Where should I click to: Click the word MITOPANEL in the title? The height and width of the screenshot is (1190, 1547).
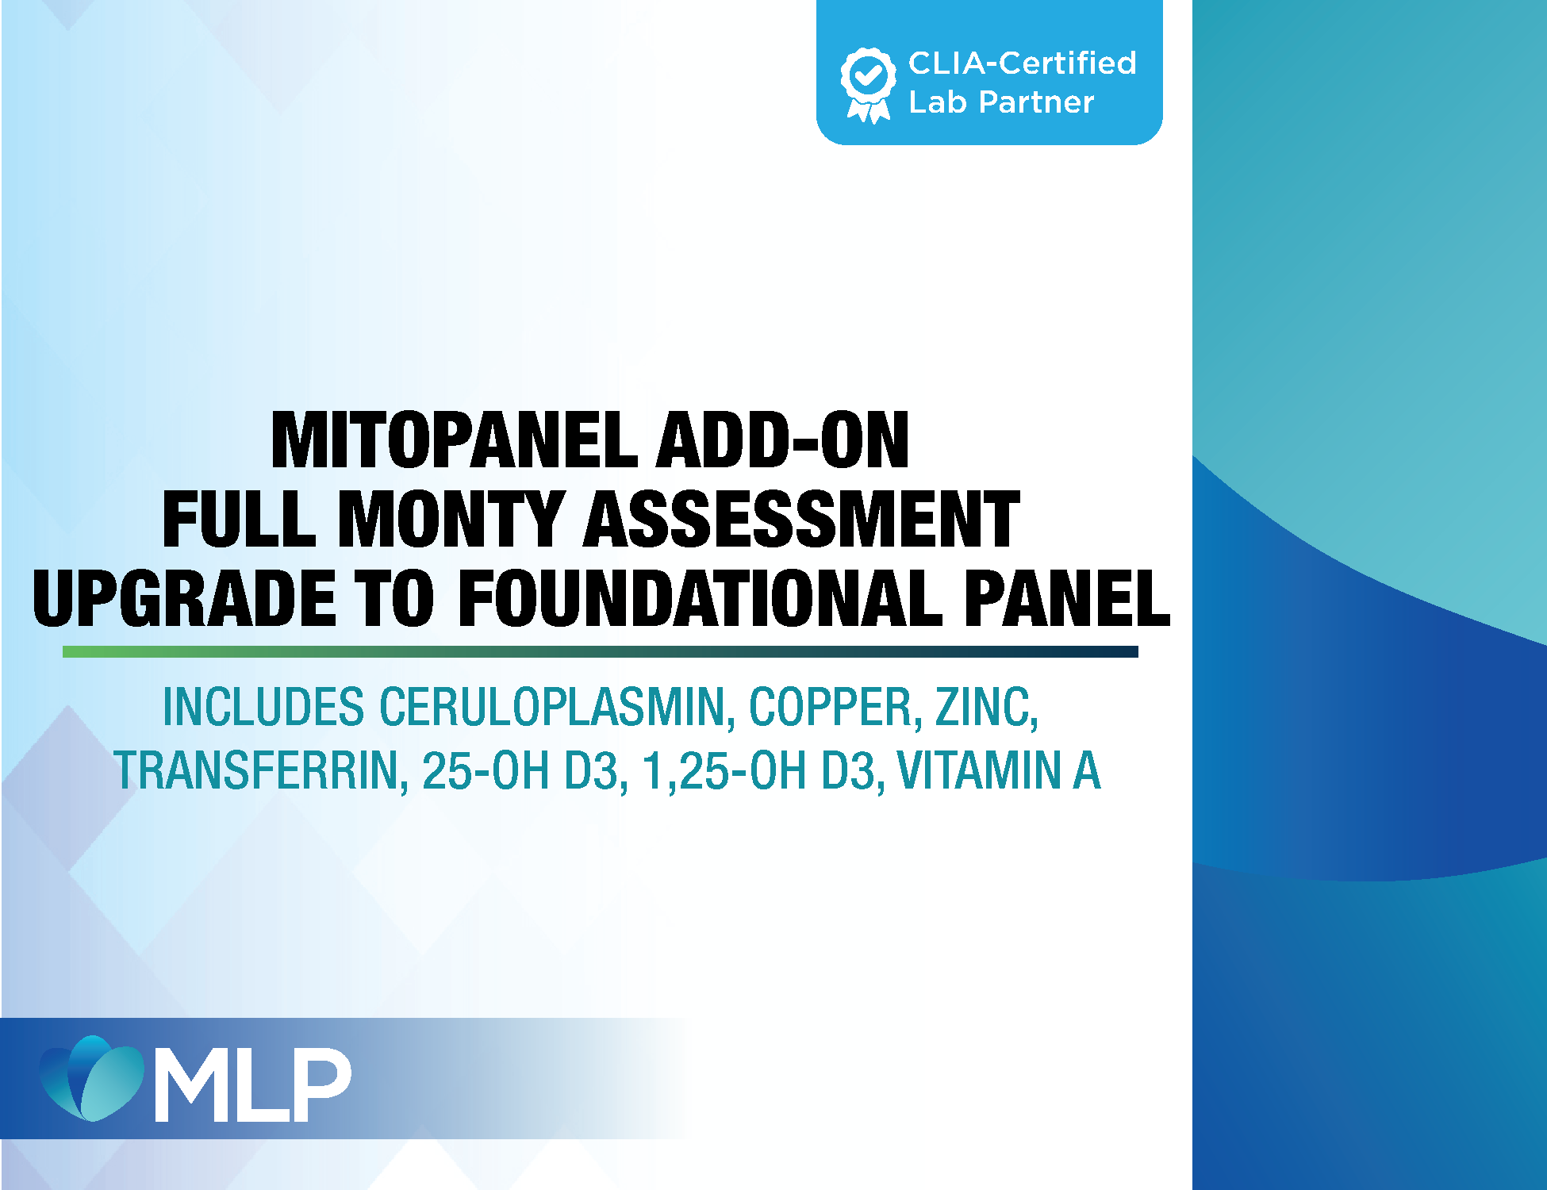click(455, 440)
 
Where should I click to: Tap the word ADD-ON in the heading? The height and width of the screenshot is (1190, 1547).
click(783, 440)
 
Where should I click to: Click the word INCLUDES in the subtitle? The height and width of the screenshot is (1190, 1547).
click(263, 707)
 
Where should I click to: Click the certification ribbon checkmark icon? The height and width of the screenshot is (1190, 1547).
click(869, 85)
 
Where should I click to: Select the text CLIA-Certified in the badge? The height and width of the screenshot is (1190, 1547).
click(1022, 63)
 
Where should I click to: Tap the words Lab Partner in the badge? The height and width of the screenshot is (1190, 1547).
click(1001, 102)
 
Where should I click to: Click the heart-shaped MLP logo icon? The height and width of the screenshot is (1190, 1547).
click(92, 1078)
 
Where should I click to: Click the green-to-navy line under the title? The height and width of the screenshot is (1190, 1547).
click(601, 651)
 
